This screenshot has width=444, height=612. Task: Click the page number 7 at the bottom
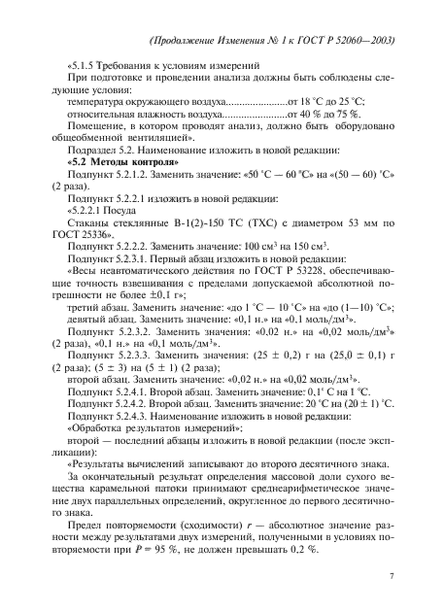click(391, 577)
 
